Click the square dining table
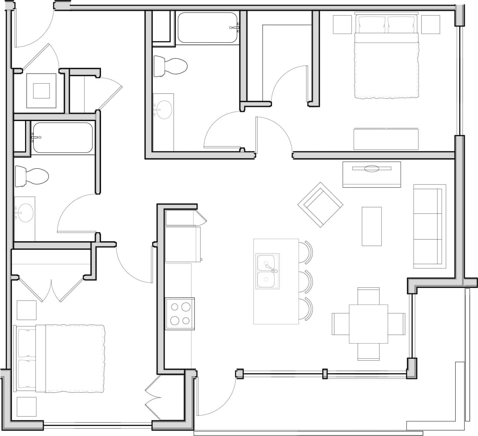click(x=368, y=324)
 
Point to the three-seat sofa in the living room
click(x=429, y=226)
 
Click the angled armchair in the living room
click(x=320, y=205)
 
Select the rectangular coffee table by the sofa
click(x=372, y=226)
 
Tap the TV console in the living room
click(x=372, y=174)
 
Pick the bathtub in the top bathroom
click(x=208, y=28)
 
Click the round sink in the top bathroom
click(x=163, y=109)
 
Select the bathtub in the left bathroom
click(x=62, y=138)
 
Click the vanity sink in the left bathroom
click(x=24, y=213)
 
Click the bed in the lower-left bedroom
click(x=61, y=358)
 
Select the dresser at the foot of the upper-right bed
click(x=386, y=139)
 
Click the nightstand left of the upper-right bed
click(x=342, y=25)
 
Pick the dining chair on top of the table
click(x=368, y=296)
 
